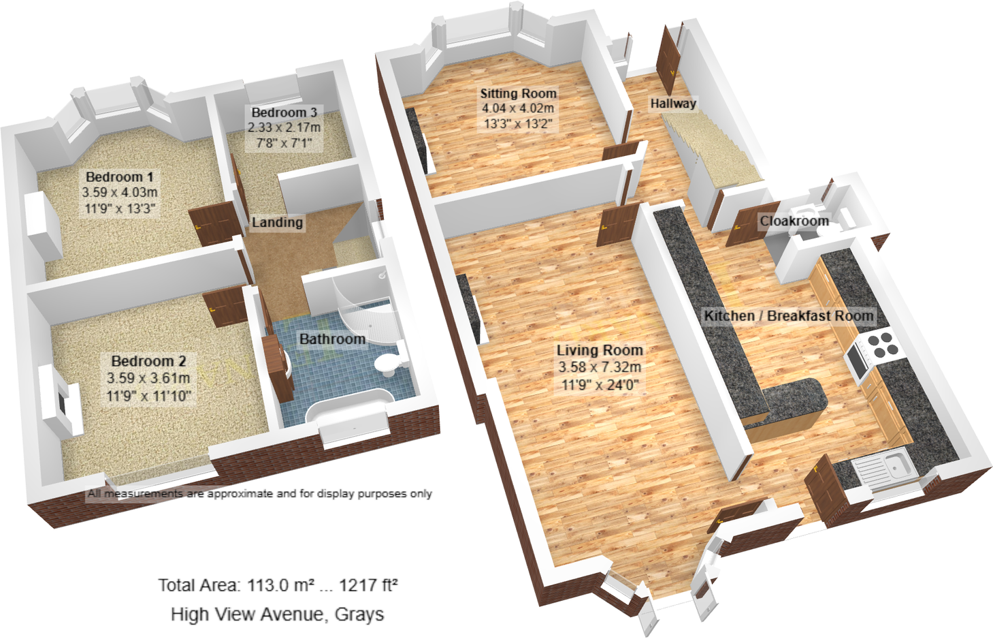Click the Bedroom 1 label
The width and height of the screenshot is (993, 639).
pos(119,177)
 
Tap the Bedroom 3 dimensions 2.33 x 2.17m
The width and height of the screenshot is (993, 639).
pos(284,127)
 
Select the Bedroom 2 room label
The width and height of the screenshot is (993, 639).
pos(148,361)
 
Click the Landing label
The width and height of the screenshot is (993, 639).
pos(277,222)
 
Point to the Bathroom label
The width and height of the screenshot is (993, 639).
pos(332,339)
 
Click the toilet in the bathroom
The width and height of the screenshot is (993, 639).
pos(389,362)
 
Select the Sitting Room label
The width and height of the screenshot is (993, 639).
pos(518,93)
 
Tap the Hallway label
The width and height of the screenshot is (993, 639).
pos(672,104)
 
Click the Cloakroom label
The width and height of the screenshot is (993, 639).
pos(794,221)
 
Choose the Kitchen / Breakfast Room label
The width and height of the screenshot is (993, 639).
pos(788,316)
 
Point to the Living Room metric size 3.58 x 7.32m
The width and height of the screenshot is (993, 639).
pos(600,367)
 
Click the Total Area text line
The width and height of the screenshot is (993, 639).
pos(278,585)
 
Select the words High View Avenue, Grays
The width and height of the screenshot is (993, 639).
pos(277,614)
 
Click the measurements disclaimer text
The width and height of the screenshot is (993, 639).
pos(259,494)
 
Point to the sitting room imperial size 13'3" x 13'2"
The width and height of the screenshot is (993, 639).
pos(518,124)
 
